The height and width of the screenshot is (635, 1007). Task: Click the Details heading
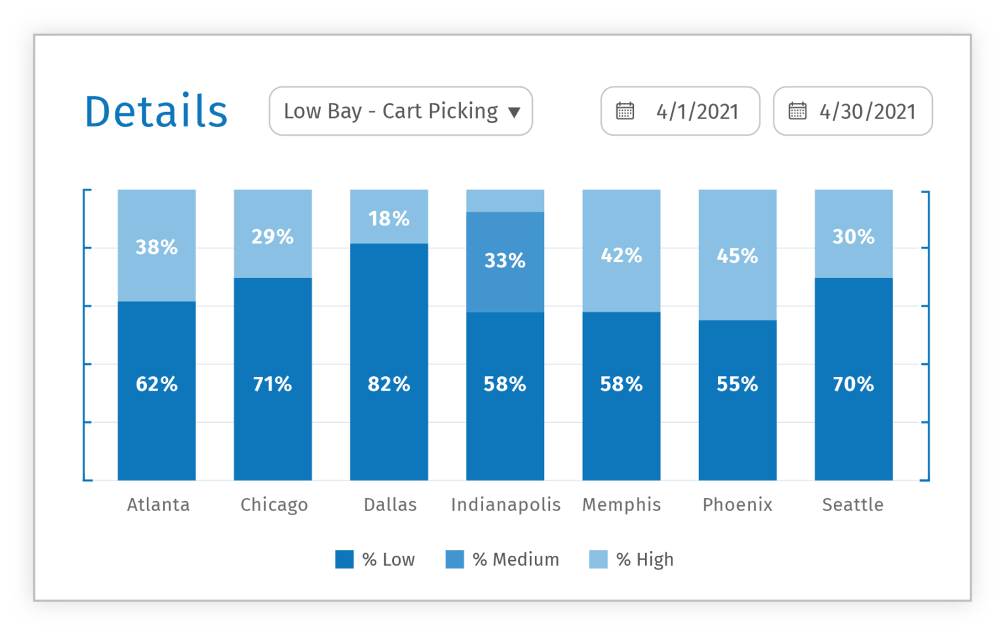156,111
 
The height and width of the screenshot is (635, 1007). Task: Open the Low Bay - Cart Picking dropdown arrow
514,112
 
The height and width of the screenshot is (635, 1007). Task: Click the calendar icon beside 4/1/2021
625,111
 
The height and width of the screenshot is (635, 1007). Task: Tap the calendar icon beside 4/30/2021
797,111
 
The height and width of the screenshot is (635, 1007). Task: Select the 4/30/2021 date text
867,111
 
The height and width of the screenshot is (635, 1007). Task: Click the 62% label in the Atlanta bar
157,383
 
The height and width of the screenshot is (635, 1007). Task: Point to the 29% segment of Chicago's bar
273,235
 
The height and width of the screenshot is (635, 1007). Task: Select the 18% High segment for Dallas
389,218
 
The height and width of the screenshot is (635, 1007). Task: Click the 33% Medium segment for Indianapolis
505,261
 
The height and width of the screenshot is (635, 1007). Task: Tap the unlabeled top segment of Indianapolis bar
505,201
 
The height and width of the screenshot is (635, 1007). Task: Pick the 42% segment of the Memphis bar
621,254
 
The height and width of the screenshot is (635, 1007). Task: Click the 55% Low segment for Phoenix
737,384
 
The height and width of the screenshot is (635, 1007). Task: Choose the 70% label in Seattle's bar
853,383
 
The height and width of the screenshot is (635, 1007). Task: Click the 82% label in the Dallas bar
389,383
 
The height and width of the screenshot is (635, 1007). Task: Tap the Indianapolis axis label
505,505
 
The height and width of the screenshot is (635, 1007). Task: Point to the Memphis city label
621,505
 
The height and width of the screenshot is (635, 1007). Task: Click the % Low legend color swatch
344,559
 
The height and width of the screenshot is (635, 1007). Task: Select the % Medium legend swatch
454,559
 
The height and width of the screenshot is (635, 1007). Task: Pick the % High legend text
644,559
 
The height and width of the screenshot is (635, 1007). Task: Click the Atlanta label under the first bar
158,505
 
